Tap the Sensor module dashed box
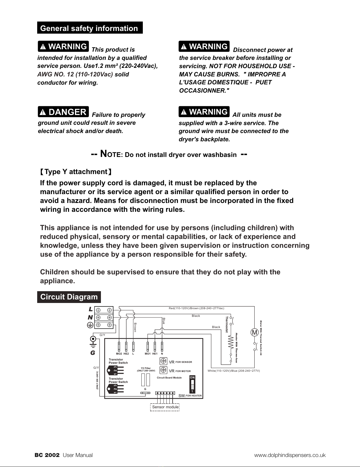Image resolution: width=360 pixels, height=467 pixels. (165, 407)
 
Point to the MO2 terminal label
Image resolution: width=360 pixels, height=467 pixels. (119, 353)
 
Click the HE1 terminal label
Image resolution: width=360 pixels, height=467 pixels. (155, 353)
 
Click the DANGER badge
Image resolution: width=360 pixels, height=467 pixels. (63, 112)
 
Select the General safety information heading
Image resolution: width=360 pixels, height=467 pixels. (89, 28)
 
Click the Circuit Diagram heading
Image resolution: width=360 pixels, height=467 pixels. (69, 297)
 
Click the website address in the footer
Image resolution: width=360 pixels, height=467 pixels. (290, 455)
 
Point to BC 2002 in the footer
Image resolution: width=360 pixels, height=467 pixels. (47, 455)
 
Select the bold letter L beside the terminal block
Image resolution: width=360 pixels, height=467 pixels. (90, 309)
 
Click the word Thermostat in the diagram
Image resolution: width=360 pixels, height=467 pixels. (227, 325)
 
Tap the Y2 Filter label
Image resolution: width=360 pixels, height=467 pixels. (146, 368)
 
